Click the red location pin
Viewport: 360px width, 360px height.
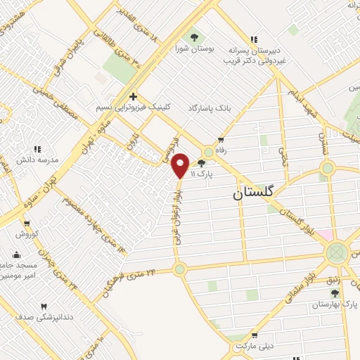click(x=180, y=165)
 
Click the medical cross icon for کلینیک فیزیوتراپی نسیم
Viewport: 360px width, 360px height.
click(x=132, y=96)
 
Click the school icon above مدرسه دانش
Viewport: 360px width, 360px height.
click(x=38, y=149)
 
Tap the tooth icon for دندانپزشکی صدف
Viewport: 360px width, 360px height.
click(x=44, y=307)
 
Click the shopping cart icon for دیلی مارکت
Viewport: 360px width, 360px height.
click(x=255, y=336)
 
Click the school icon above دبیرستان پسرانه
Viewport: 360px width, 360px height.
click(x=253, y=39)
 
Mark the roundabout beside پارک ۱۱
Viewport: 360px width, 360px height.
click(x=208, y=153)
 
